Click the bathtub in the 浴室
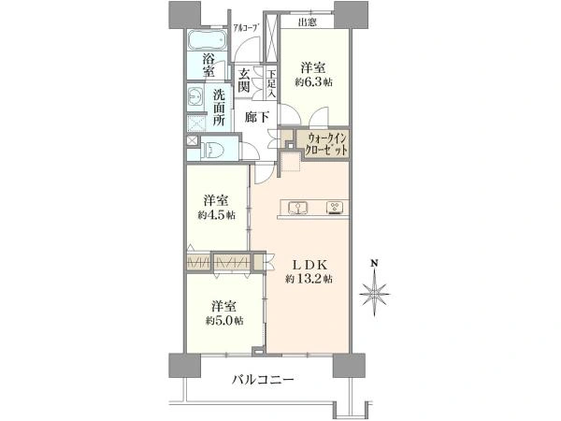[x=208, y=39]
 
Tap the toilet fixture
[x=212, y=148]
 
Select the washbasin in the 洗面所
[x=195, y=97]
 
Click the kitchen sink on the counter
[x=297, y=208]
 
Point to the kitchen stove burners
[x=336, y=208]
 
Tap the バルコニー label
[x=263, y=379]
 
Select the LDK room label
[x=309, y=265]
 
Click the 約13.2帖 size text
[x=309, y=279]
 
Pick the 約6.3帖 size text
[x=314, y=82]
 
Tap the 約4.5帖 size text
[x=217, y=215]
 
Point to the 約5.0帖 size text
[x=224, y=320]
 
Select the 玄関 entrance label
[x=244, y=80]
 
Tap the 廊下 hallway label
[x=257, y=117]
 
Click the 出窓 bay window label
[x=308, y=22]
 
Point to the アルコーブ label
[x=245, y=27]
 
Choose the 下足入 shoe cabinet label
[x=271, y=84]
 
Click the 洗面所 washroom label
[x=219, y=108]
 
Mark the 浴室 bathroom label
[x=209, y=65]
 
